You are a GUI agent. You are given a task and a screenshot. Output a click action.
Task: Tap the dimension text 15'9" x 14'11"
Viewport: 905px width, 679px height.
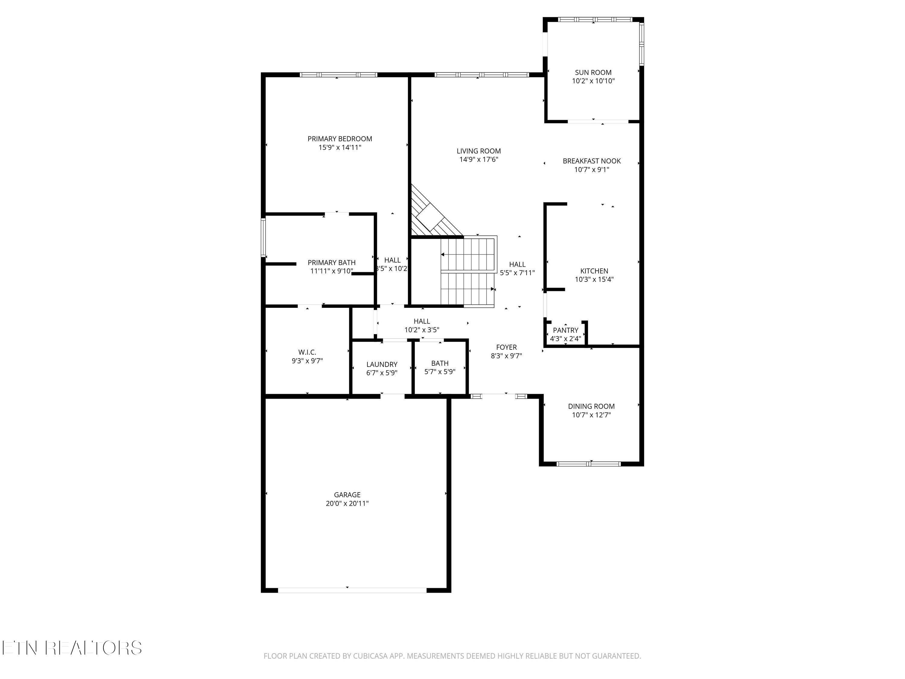[340, 147]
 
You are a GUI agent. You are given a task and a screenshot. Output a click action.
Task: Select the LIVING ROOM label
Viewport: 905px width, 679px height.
[479, 151]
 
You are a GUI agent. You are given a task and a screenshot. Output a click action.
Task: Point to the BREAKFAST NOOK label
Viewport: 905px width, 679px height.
[592, 161]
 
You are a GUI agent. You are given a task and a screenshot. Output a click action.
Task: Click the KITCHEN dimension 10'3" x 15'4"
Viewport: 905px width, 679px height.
[594, 279]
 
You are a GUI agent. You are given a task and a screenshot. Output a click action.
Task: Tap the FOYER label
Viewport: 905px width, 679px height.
[506, 347]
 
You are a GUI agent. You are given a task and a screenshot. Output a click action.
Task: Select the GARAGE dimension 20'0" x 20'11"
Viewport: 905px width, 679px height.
[347, 503]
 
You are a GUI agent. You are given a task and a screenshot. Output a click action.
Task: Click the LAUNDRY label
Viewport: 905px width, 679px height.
[382, 364]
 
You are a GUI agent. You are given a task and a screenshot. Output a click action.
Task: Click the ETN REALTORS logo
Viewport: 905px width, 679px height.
[72, 648]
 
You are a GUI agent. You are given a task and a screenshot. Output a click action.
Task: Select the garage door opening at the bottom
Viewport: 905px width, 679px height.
[352, 590]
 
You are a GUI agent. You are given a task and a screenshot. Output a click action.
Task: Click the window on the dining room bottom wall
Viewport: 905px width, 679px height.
[589, 464]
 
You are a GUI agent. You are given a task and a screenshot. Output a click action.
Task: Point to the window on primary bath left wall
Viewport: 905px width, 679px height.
[263, 237]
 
